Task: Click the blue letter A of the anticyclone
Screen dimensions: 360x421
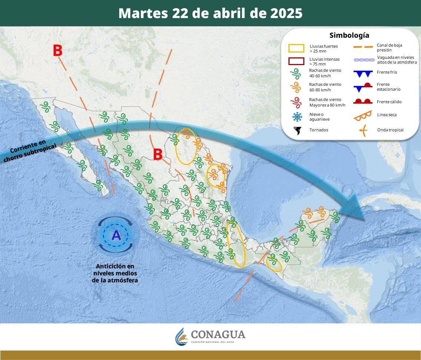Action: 116,235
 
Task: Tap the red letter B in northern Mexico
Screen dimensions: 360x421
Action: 158,154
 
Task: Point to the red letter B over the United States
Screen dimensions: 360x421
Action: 57,51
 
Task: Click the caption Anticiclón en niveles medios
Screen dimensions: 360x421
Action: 115,273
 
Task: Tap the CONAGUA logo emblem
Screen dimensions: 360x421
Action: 182,336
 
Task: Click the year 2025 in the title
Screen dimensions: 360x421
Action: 286,13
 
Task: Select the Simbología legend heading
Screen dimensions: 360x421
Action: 349,36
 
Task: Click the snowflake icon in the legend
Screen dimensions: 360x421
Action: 297,117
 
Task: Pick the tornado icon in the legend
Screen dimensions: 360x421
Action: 297,130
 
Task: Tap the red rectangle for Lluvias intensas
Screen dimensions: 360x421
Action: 296,61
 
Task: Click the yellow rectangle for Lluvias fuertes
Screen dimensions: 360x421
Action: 296,48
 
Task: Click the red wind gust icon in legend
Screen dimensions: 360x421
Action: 296,102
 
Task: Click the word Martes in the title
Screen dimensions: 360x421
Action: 143,13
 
